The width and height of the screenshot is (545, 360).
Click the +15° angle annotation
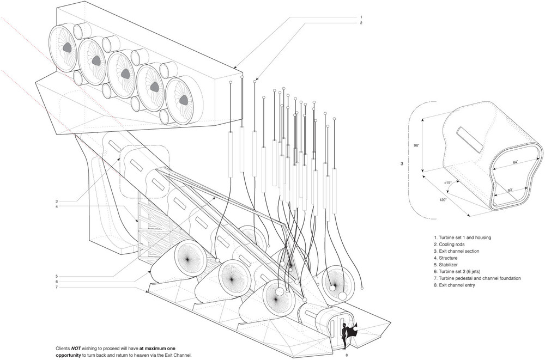(x=449, y=182)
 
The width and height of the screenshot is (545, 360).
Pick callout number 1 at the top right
(x=360, y=16)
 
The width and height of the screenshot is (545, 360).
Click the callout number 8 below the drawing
(x=347, y=355)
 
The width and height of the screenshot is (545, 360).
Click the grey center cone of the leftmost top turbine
(x=68, y=47)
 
